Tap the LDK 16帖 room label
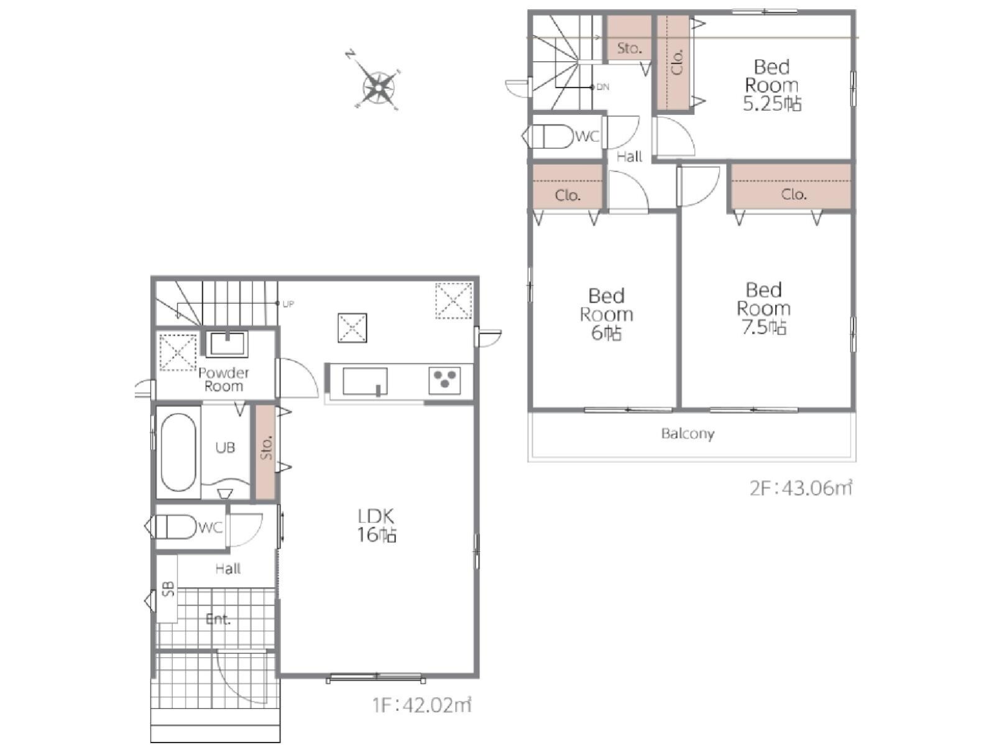377,525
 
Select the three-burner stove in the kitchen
444,379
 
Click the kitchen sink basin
364,381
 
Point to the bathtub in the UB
179,452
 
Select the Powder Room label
224,379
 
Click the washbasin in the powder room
227,344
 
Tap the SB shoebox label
168,588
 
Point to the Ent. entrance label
218,619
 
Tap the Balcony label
688,434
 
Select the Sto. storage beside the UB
266,452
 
